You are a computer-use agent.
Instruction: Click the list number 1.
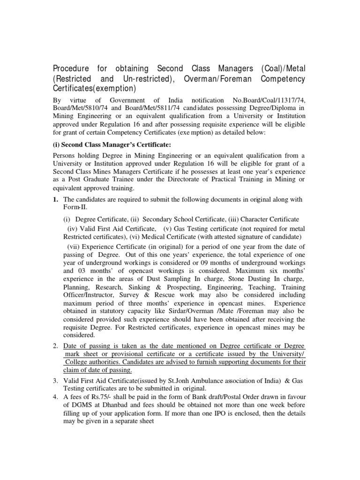click(54, 199)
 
